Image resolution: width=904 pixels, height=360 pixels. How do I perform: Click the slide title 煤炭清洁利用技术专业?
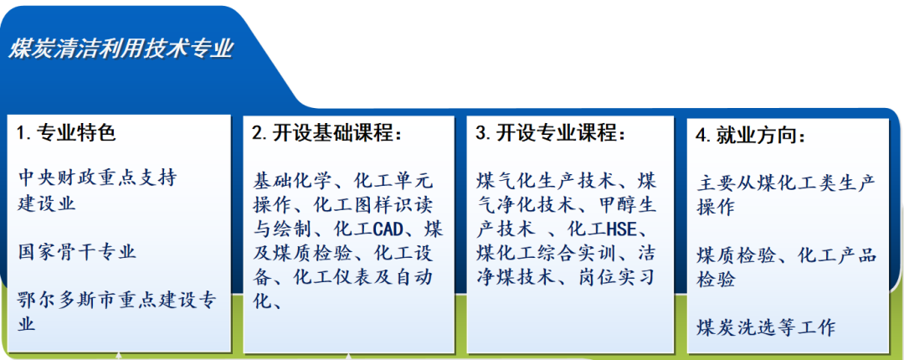(121, 49)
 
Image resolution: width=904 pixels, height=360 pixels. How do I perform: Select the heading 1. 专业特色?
(66, 133)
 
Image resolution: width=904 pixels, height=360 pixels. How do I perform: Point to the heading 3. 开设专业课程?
(550, 133)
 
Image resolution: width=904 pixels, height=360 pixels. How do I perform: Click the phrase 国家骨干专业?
(77, 252)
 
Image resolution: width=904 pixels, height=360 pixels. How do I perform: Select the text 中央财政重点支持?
(97, 177)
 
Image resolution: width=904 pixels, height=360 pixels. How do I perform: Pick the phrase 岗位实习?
(615, 278)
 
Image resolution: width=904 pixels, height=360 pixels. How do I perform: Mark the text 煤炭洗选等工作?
(766, 327)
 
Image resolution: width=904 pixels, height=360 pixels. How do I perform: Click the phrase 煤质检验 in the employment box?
(737, 256)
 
